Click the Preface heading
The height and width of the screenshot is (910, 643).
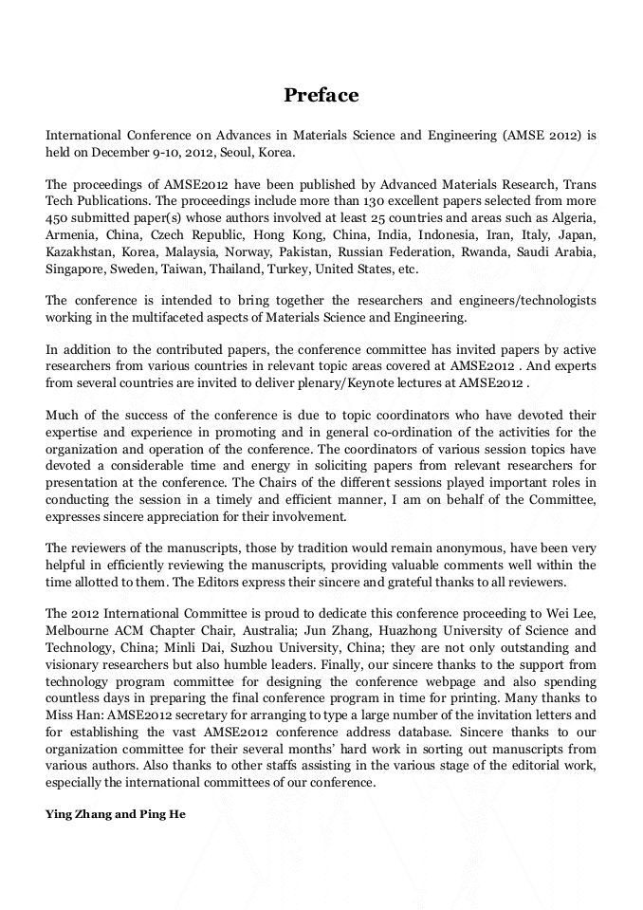click(x=321, y=96)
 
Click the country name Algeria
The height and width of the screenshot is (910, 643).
click(x=572, y=218)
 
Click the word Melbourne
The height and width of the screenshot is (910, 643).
click(x=83, y=631)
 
